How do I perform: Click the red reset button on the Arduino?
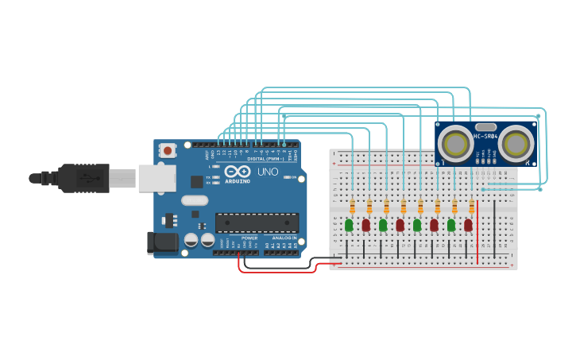click(x=168, y=150)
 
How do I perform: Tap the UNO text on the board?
click(x=268, y=172)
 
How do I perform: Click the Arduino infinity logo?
click(x=237, y=172)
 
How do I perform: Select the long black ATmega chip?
click(x=257, y=223)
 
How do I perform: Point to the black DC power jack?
click(x=162, y=242)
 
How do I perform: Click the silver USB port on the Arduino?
click(x=157, y=178)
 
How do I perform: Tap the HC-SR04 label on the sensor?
click(x=485, y=136)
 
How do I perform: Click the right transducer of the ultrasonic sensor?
click(x=516, y=144)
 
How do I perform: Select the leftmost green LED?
click(x=349, y=225)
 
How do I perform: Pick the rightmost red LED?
click(x=468, y=225)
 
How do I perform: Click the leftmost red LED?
click(x=365, y=225)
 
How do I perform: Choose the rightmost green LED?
click(x=451, y=225)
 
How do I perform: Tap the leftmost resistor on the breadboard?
click(x=352, y=207)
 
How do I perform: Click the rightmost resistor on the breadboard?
click(x=471, y=207)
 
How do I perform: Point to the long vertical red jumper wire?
click(x=477, y=230)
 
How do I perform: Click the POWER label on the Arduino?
click(x=249, y=238)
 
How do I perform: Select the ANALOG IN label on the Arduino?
click(x=284, y=238)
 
